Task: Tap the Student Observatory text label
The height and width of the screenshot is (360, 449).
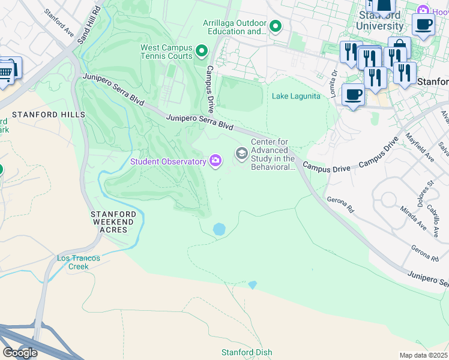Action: (x=168, y=161)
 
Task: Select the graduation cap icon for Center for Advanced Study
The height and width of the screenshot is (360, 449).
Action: (x=241, y=154)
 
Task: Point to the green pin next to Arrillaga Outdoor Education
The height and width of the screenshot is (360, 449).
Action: (x=276, y=26)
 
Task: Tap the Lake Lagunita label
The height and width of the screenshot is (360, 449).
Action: (x=296, y=96)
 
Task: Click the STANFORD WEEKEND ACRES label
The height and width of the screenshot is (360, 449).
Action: (x=109, y=221)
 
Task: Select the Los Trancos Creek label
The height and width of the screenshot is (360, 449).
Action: (x=79, y=262)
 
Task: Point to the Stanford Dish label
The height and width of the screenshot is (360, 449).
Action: (x=247, y=352)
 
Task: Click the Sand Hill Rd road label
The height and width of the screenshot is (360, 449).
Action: (x=87, y=26)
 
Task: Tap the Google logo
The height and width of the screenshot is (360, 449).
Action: (x=20, y=352)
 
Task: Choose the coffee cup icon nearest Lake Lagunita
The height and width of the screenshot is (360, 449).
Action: (x=352, y=95)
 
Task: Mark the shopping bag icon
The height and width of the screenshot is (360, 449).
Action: (x=399, y=48)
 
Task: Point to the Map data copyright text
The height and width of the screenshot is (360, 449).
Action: (x=424, y=355)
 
